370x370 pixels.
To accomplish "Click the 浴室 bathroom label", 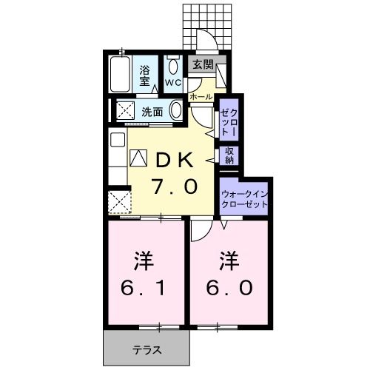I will (x=146, y=75).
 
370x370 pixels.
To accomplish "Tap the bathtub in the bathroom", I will (x=121, y=73).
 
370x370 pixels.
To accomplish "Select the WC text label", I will (x=173, y=83).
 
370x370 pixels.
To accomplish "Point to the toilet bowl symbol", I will (x=174, y=66).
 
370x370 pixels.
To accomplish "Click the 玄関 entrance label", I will (x=202, y=64).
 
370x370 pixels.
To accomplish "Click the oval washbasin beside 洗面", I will (x=176, y=112).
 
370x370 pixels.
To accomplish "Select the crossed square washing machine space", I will (x=121, y=111).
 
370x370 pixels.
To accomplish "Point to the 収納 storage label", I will (x=229, y=155).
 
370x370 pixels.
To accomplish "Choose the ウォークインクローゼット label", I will (x=245, y=199).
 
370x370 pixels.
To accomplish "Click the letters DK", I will (x=175, y=159).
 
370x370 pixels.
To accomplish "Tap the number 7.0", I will (x=175, y=186).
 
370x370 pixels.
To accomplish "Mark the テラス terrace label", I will (x=147, y=349).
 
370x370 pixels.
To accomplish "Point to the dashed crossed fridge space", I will (x=119, y=201).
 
